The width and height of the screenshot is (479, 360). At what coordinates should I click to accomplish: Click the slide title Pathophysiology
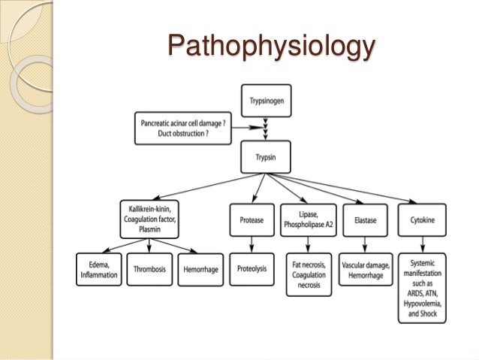click(270, 47)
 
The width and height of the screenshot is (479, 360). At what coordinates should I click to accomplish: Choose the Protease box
click(252, 219)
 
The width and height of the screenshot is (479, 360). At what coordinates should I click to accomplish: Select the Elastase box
click(363, 219)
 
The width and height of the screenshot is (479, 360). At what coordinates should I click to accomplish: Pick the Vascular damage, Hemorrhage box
click(363, 270)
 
